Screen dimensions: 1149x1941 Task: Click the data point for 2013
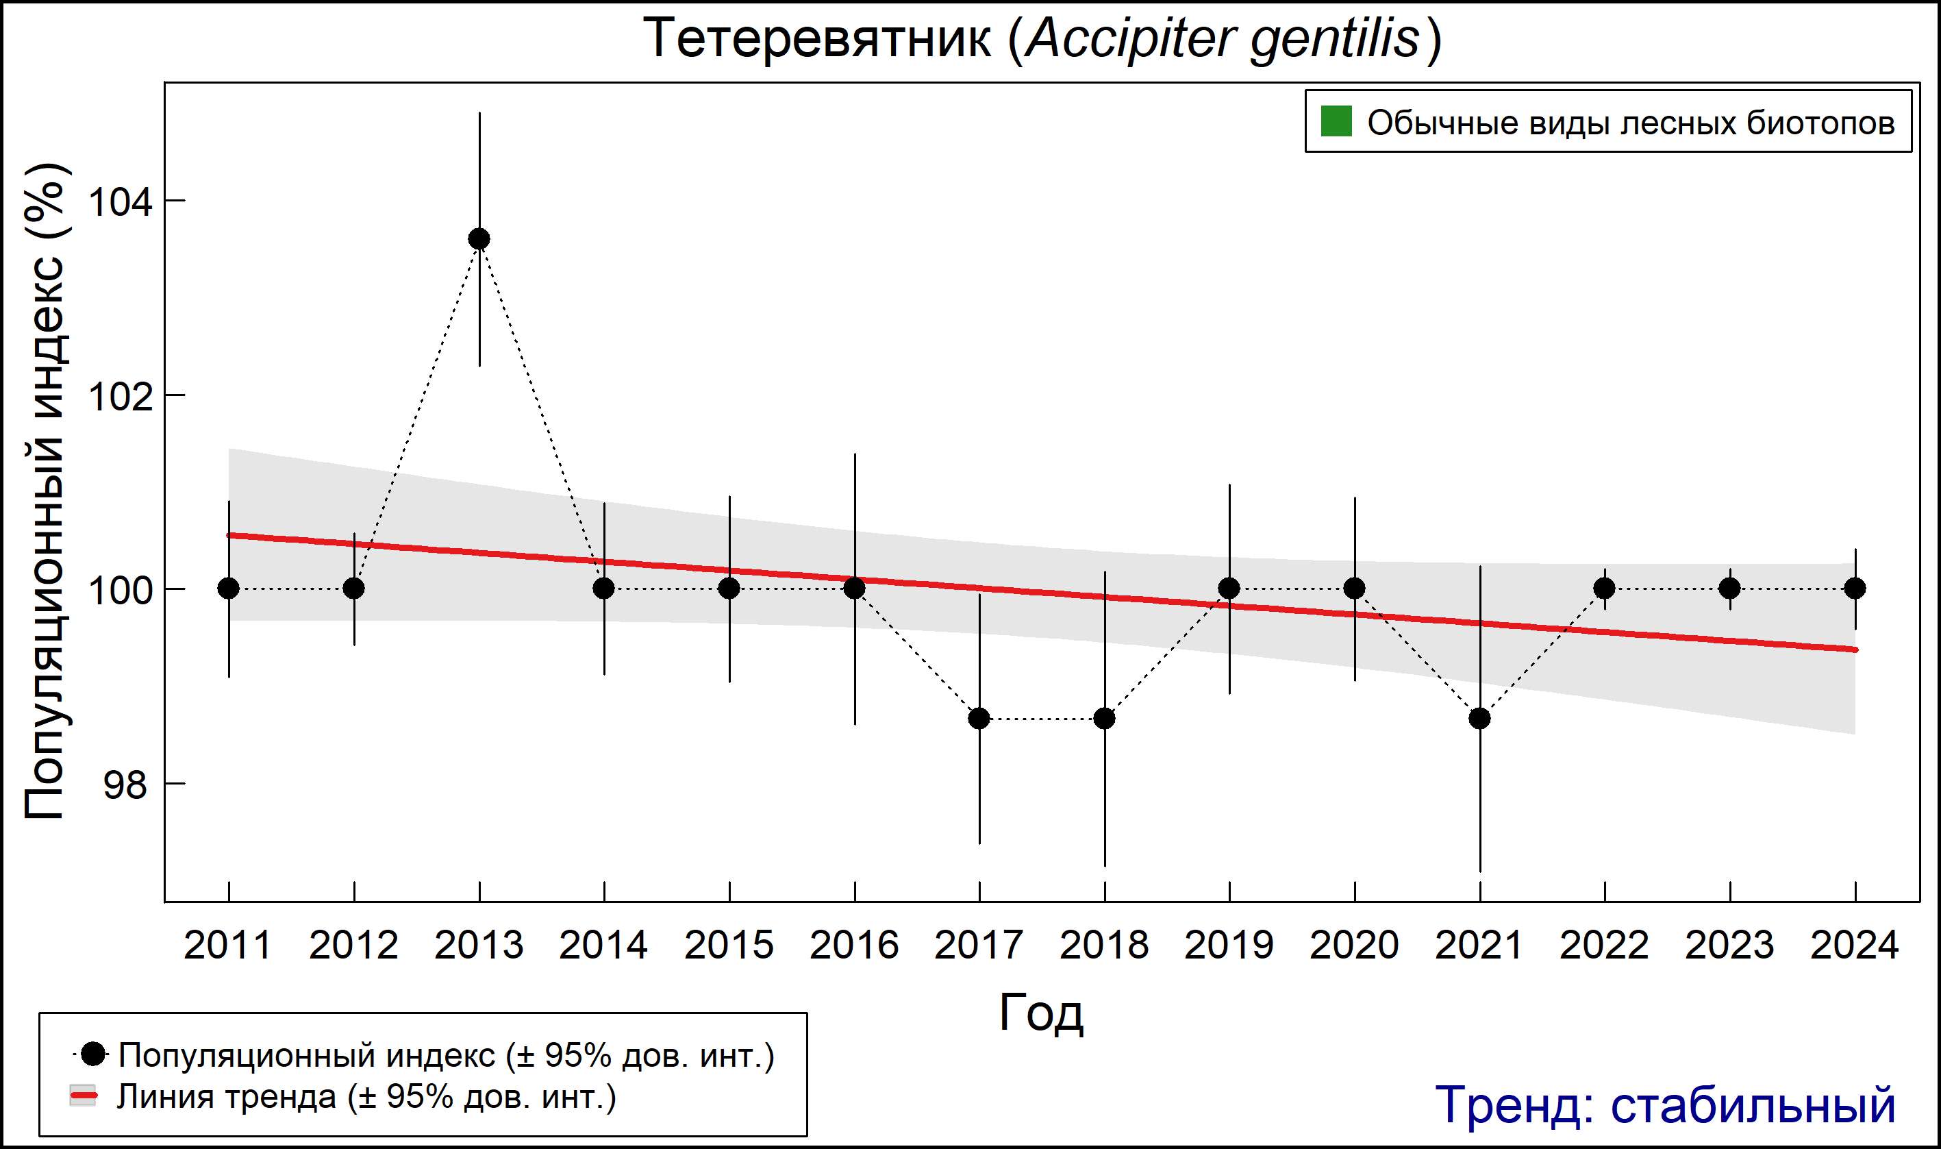479,238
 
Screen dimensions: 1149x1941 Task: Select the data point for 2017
979,719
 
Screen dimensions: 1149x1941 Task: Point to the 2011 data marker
228,589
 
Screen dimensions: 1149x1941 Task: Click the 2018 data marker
1104,719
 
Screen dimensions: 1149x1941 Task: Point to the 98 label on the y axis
125,785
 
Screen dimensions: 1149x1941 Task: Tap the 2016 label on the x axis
853,946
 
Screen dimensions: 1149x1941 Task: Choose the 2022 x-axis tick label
1604,946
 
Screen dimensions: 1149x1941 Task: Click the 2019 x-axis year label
1229,946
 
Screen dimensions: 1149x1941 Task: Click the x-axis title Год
1041,1012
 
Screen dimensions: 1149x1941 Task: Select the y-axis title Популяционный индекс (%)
44,492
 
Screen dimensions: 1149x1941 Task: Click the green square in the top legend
1336,121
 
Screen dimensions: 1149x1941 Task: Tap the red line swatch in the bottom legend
83,1096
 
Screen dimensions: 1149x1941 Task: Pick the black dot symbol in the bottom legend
94,1054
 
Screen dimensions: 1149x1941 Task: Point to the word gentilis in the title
1335,39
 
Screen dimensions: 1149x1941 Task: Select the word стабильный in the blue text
1753,1105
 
